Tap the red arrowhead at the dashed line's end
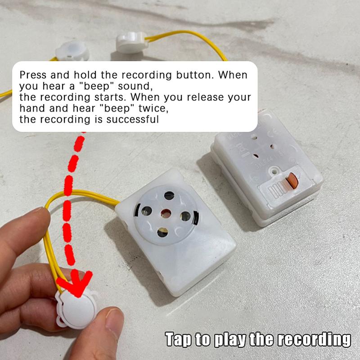point(77,283)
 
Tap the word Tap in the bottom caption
point(179,339)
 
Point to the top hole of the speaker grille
point(169,195)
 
